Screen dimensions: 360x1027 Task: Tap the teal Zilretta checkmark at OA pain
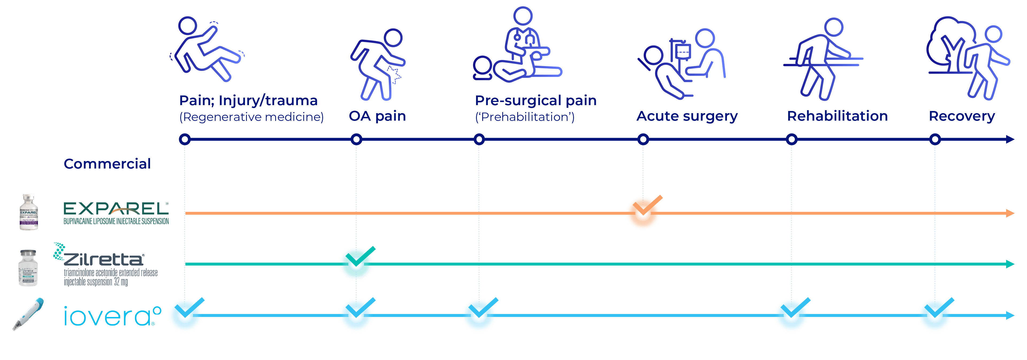(x=357, y=263)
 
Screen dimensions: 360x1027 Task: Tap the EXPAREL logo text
(x=116, y=209)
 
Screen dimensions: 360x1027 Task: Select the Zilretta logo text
(x=103, y=259)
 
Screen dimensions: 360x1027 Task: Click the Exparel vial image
(x=29, y=212)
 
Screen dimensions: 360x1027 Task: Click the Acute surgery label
(x=687, y=116)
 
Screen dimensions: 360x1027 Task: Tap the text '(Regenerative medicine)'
(x=252, y=117)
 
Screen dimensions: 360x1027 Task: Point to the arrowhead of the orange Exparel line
(x=1010, y=213)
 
